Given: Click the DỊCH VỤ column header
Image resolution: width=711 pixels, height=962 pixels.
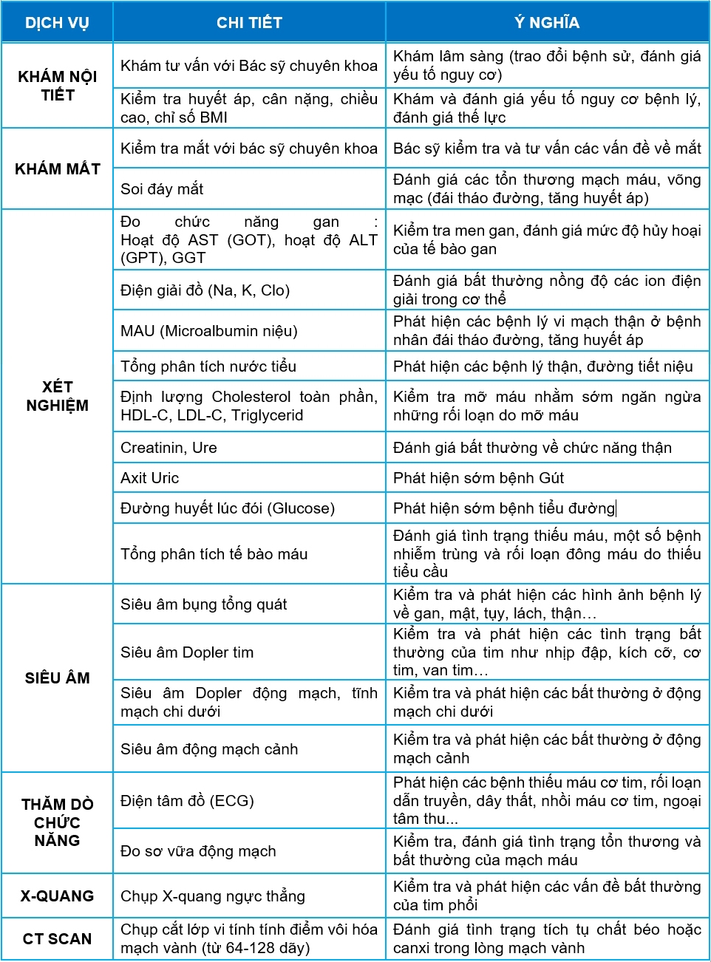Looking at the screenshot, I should point(57,23).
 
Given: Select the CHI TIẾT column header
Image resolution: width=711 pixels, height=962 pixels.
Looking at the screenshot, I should point(249,23).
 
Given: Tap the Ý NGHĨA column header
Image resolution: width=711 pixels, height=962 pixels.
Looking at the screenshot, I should point(547,23).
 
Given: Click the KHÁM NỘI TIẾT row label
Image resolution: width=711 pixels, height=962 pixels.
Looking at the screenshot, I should point(57,86).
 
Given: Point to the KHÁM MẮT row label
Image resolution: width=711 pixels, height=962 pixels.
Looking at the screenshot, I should point(57,169).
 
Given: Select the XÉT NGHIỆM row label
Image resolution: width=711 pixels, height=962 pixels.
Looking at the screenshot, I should point(57,396).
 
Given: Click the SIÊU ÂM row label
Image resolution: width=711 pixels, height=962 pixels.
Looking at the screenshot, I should point(57,678).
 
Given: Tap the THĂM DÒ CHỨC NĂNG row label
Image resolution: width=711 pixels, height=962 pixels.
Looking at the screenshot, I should point(57,822).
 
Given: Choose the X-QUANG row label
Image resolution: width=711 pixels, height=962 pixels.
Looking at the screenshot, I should point(57,896).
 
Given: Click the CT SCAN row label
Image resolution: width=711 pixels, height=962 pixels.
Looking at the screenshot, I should point(57,939).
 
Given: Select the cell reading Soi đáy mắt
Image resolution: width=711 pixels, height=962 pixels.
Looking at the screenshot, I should point(162,189).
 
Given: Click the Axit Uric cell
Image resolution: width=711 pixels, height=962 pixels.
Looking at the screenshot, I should point(150,478).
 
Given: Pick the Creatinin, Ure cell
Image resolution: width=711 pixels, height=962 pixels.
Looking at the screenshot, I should point(169,448).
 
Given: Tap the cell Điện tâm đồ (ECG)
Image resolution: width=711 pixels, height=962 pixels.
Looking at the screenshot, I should point(187,801).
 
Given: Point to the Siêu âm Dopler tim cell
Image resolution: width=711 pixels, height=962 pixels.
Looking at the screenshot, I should point(187,652).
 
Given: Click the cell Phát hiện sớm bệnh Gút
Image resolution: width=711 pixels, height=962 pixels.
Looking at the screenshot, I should point(478,478).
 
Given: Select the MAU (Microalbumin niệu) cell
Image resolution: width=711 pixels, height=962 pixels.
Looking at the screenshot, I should point(209,331).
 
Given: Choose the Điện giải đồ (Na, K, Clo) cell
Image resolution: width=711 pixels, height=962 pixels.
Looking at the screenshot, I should point(205,290).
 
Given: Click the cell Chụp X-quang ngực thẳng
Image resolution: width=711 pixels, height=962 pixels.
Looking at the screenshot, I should point(213,896).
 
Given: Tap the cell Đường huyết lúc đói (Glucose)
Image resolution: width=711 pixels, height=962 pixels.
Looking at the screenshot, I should point(228,508).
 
